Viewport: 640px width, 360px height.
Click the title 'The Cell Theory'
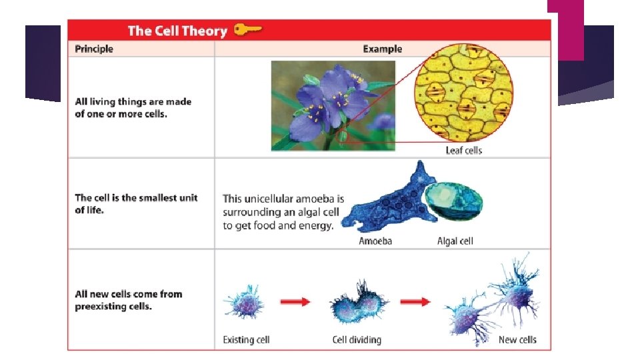[x=177, y=31]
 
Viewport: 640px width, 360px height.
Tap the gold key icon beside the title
[x=247, y=30]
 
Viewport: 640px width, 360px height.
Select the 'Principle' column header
[x=94, y=49]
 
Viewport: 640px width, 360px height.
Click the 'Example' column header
[x=382, y=49]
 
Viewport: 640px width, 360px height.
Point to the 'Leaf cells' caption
[x=463, y=150]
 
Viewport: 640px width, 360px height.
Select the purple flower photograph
[x=333, y=105]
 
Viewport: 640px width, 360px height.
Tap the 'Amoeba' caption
[x=375, y=241]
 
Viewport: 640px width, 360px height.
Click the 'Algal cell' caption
[x=455, y=241]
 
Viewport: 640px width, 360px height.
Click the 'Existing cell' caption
[x=246, y=340]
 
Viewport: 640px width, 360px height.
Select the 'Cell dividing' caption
[x=357, y=340]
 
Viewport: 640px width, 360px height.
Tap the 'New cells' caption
[x=517, y=340]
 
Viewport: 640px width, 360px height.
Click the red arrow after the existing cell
[x=294, y=302]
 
